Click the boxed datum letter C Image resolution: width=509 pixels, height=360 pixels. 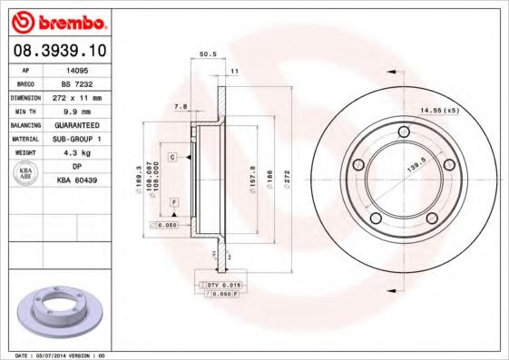point(171,158)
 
